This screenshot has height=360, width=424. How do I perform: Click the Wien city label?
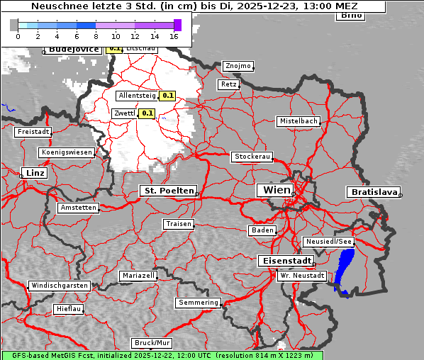pyautogui.click(x=276, y=190)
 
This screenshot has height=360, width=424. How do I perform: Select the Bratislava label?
pyautogui.click(x=372, y=192)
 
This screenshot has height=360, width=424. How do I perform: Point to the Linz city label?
pyautogui.click(x=33, y=173)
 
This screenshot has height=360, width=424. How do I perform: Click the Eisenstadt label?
pyautogui.click(x=284, y=261)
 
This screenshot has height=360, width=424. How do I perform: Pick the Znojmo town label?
pyautogui.click(x=238, y=66)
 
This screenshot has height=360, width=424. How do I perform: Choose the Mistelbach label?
pyautogui.click(x=298, y=121)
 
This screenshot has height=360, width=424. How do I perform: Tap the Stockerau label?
pyautogui.click(x=252, y=157)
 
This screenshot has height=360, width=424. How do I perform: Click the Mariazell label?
pyautogui.click(x=138, y=275)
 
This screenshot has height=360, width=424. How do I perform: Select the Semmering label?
pyautogui.click(x=199, y=303)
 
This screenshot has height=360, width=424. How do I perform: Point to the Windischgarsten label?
pyautogui.click(x=60, y=286)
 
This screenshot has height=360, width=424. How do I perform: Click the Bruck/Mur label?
pyautogui.click(x=152, y=343)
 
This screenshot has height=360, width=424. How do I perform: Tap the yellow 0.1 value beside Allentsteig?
pyautogui.click(x=167, y=95)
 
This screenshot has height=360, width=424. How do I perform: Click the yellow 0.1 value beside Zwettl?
pyautogui.click(x=147, y=113)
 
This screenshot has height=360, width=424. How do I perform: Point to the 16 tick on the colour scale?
pyautogui.click(x=174, y=36)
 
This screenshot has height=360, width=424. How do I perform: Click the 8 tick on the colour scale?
pyautogui.click(x=96, y=36)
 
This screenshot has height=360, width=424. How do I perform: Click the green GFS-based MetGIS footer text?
pyautogui.click(x=162, y=355)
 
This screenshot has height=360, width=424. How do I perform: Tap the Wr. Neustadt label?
pyautogui.click(x=302, y=276)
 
